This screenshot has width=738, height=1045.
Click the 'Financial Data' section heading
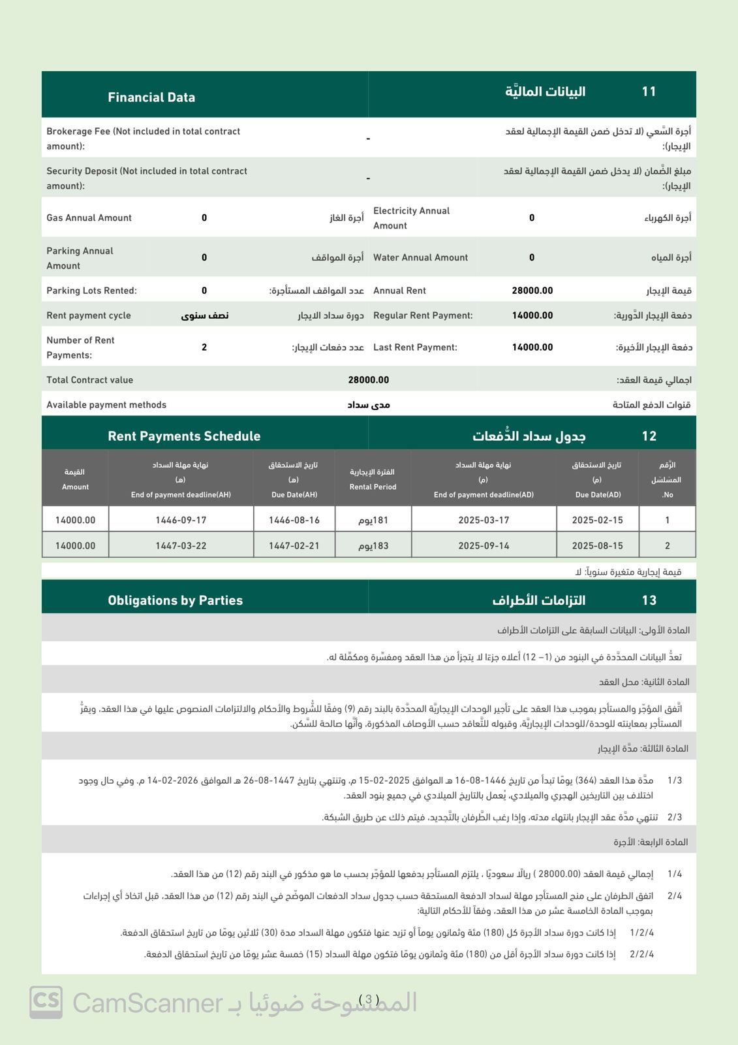pos(151,97)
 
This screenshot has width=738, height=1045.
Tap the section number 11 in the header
pos(649,91)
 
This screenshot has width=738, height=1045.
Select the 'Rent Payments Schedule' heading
pos(184,436)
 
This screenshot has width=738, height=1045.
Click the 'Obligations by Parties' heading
pos(175,600)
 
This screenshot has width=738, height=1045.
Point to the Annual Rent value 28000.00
pos(532,291)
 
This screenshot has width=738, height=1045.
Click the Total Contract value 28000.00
pos(368,380)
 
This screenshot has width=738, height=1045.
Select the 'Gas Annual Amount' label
pos(89,217)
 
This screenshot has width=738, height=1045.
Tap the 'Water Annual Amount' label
pos(420,257)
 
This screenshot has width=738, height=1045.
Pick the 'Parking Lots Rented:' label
pos(91,291)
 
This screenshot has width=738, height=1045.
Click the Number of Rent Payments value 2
pos(204,347)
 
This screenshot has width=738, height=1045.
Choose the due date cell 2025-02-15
pos(597,521)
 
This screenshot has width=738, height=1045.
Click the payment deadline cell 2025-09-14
pos(484,546)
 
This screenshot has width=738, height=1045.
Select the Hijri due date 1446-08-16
pos(294,521)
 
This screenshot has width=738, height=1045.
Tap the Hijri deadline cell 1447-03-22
pos(181,546)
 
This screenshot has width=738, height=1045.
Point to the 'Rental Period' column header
pos(373,487)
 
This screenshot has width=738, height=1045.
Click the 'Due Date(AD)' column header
pos(598,494)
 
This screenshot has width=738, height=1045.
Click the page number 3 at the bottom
pos(369,1000)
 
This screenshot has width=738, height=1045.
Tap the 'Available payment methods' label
pos(106,405)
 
